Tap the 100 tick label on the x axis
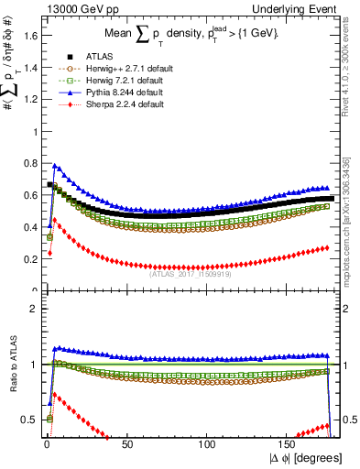207,443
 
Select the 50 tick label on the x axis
127,443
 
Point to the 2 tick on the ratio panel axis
36,309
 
